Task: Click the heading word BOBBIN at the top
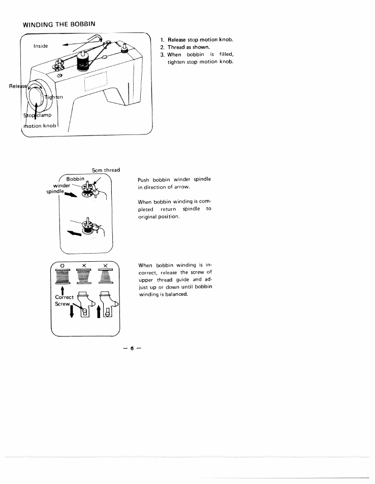point(81,23)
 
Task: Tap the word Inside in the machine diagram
point(41,46)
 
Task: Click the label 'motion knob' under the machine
point(40,126)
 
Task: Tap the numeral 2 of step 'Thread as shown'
point(162,48)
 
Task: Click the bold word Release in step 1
point(177,40)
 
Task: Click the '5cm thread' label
point(106,170)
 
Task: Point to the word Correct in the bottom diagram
point(65,297)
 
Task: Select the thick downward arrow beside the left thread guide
point(72,313)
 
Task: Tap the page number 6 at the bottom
point(131,349)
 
